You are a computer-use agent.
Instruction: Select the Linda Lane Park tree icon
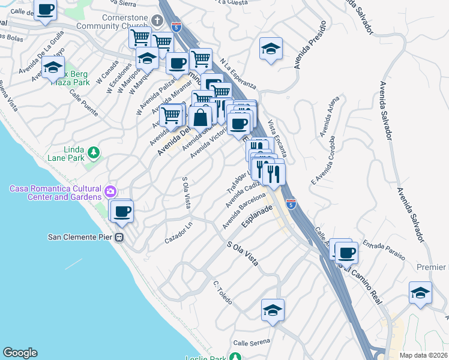point(93,153)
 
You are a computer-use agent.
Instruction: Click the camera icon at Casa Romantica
point(110,192)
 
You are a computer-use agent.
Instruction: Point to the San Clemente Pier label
point(80,236)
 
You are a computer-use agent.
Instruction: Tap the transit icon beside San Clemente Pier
point(119,237)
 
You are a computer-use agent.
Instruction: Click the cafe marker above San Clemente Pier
point(122,211)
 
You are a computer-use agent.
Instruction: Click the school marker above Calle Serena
point(273,310)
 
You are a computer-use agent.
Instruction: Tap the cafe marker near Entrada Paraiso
point(346,253)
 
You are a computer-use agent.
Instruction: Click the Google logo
point(20,353)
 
